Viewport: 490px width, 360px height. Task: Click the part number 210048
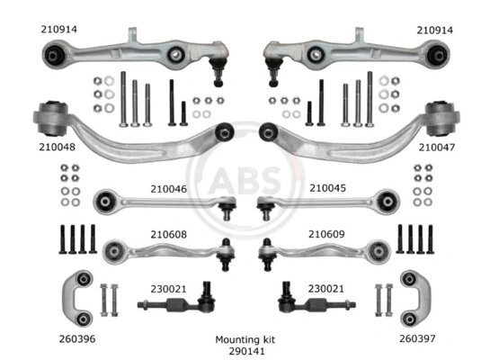tap(58, 147)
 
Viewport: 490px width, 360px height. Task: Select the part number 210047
tap(437, 148)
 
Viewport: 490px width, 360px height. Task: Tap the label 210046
tap(169, 189)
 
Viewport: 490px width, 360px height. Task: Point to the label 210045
tap(328, 188)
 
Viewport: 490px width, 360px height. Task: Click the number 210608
tap(169, 234)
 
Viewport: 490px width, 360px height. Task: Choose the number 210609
tap(326, 234)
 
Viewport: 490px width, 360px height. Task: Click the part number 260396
tap(77, 338)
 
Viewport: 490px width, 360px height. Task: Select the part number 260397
tap(417, 338)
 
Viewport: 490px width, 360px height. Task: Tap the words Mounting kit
tap(245, 339)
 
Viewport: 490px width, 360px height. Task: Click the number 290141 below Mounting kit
tap(246, 351)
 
